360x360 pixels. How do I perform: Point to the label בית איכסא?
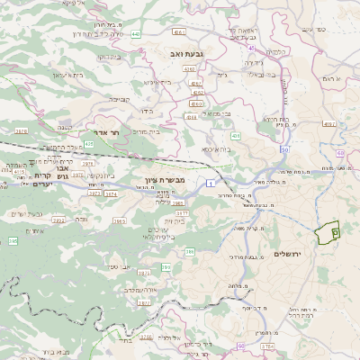click(x=216, y=149)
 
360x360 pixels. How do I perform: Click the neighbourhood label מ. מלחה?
click(x=238, y=285)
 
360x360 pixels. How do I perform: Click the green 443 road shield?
click(x=136, y=34)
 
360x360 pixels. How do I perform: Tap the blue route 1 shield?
click(x=208, y=184)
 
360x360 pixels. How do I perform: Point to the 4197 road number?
click(x=328, y=124)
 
